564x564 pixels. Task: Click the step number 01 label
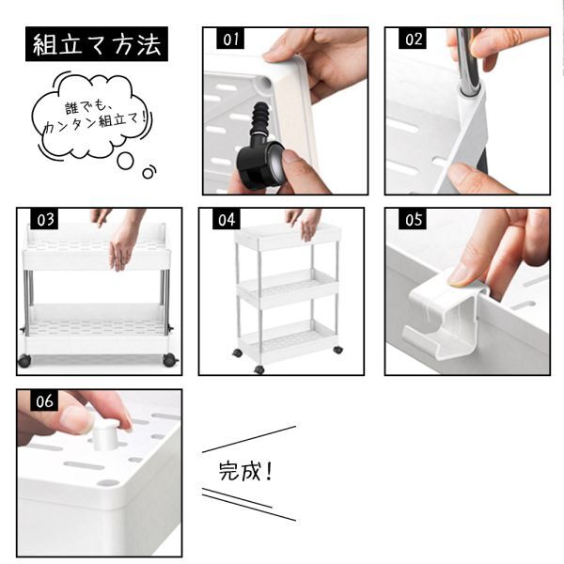[x=230, y=39]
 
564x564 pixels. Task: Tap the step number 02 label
[x=413, y=39]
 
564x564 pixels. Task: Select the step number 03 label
[x=44, y=219]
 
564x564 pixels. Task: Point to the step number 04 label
[x=227, y=219]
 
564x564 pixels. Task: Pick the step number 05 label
[x=413, y=219]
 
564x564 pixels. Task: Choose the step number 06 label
[x=44, y=400]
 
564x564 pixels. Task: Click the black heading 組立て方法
[x=97, y=44]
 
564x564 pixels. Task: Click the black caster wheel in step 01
[x=259, y=164]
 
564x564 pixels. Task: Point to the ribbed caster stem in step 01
[x=260, y=119]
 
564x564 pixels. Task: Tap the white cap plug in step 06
[x=105, y=434]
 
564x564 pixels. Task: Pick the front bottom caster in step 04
[x=259, y=369]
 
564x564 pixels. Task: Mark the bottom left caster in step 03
[x=24, y=360]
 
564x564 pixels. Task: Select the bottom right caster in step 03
[x=170, y=360]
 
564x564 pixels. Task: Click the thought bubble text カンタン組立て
[x=96, y=123]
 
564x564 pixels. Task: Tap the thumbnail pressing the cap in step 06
[x=74, y=418]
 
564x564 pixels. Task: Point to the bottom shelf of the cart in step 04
[x=289, y=340]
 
